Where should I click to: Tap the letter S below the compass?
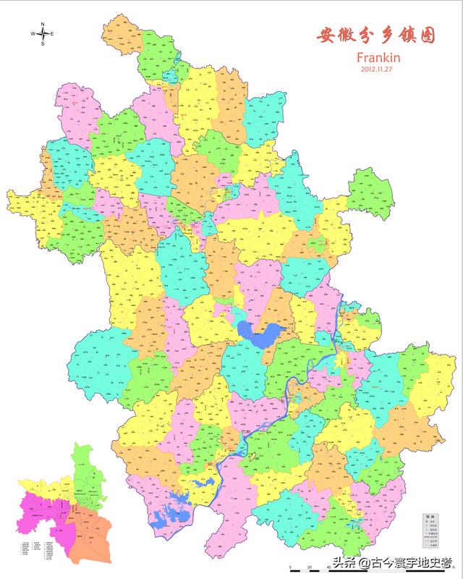(x=43, y=43)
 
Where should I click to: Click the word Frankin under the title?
(x=378, y=56)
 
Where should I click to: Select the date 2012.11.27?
(x=378, y=69)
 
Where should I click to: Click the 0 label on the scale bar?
(x=289, y=567)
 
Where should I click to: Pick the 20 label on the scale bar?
(x=310, y=567)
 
